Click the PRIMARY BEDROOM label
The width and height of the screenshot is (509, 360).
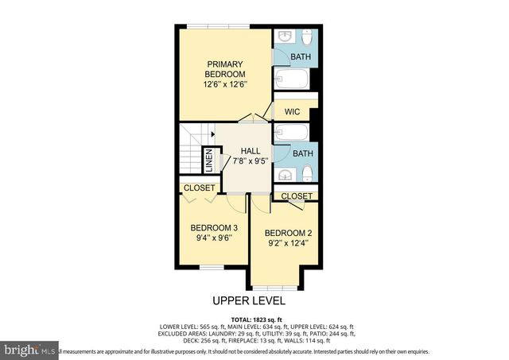click(224, 69)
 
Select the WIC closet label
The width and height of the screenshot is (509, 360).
click(292, 112)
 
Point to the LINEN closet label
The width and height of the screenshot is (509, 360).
click(208, 161)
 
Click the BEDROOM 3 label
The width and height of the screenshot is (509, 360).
click(212, 226)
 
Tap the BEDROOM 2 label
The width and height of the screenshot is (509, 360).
click(286, 232)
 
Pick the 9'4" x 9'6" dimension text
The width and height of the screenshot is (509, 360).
click(212, 237)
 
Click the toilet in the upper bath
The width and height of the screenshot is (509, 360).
click(308, 38)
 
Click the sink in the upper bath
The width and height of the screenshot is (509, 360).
click(285, 39)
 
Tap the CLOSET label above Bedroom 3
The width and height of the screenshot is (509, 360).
click(200, 188)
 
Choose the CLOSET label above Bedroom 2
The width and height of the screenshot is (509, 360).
click(297, 195)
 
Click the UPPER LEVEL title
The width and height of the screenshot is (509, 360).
click(248, 300)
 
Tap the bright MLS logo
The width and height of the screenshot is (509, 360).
click(30, 349)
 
